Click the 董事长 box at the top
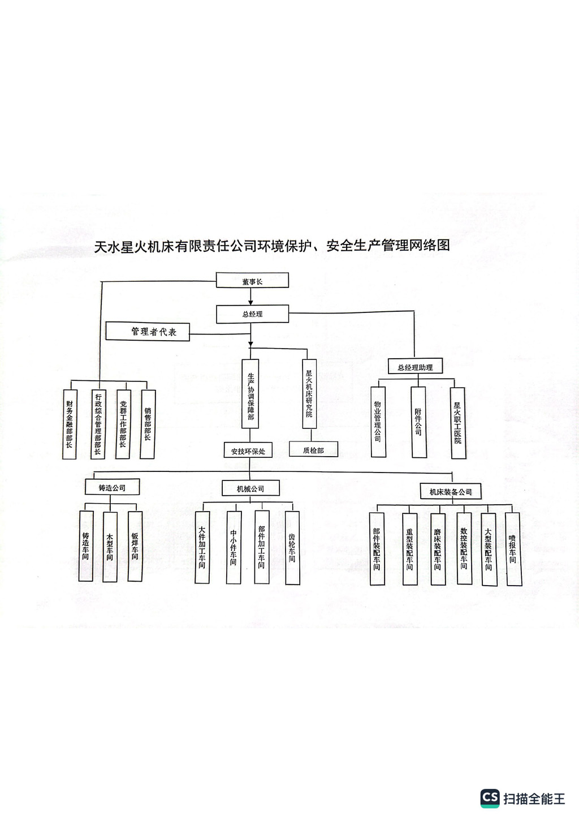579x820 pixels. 252,281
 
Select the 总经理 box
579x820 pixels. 252,314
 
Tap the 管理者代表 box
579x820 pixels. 148,332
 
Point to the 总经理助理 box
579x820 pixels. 415,367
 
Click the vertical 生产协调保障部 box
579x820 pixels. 250,397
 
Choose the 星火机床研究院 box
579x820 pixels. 309,393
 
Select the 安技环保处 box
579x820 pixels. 248,451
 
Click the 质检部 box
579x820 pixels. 313,450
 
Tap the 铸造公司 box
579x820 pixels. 112,487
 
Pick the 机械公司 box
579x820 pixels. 250,488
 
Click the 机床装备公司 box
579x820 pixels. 451,491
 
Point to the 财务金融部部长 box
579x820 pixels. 69,424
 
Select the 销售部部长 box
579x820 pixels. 148,424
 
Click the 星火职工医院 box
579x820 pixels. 457,423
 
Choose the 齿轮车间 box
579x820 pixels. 292,547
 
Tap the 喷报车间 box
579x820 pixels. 512,548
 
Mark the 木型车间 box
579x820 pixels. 110,546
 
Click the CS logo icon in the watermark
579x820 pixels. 490,798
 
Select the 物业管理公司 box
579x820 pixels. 377,422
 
